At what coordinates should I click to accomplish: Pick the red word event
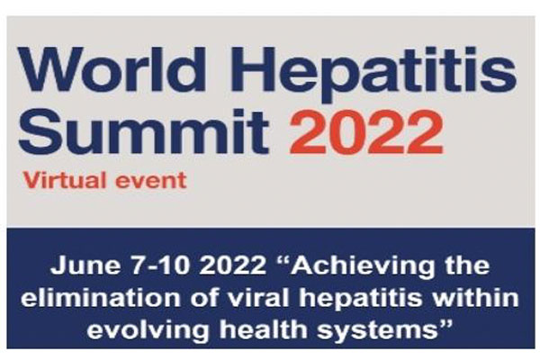tap(151, 181)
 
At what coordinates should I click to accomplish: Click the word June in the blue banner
tap(85, 265)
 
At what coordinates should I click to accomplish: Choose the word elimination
tap(101, 297)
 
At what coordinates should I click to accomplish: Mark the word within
tap(475, 297)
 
